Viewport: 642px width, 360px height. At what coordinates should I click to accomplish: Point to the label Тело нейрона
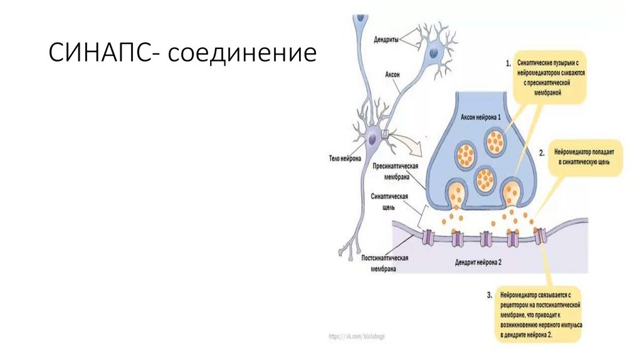345,159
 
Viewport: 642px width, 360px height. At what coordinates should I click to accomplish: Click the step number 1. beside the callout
508,63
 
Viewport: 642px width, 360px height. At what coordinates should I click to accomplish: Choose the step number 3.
489,294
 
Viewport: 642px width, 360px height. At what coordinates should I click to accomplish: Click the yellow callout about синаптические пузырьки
549,77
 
